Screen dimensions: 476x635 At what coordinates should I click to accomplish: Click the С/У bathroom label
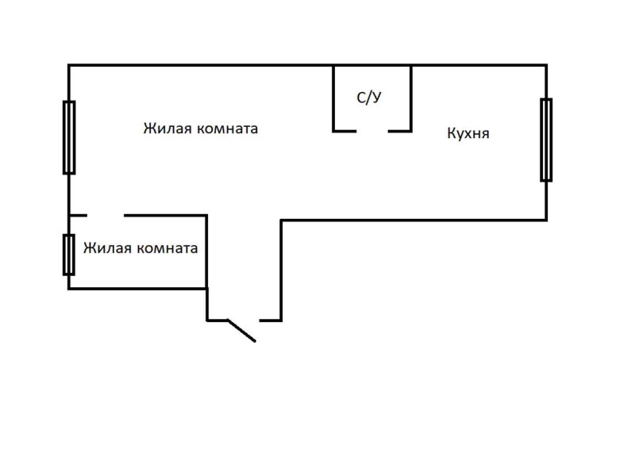[x=369, y=98]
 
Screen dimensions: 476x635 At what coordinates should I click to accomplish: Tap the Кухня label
[x=468, y=133]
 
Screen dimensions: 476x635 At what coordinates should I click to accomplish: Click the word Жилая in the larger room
[x=165, y=129]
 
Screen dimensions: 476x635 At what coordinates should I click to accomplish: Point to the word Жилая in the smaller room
[x=106, y=248]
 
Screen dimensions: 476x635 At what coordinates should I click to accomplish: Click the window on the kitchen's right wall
[x=546, y=140]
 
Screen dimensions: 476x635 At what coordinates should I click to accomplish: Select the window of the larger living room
[x=69, y=137]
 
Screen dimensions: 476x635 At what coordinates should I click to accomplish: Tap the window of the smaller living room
[x=69, y=254]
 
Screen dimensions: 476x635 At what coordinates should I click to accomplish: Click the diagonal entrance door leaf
[x=241, y=330]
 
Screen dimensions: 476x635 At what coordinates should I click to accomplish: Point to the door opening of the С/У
[x=372, y=131]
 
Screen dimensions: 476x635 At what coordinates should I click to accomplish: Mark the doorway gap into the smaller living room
[x=106, y=215]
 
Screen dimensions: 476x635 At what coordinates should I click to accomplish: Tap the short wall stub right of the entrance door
[x=271, y=321]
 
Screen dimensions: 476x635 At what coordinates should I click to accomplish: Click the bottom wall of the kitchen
[x=413, y=220]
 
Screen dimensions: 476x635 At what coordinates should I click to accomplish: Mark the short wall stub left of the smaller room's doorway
[x=78, y=215]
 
